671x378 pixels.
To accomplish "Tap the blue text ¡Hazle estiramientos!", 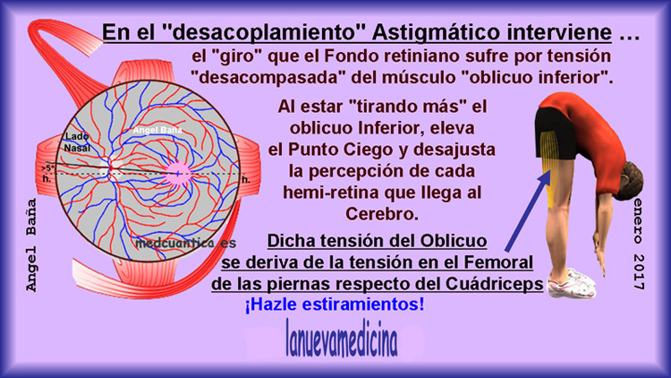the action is (335, 305).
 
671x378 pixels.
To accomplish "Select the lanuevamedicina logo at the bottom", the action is (342, 339).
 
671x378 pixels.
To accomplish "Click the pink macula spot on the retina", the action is (178, 173).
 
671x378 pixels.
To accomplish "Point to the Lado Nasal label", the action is (78, 142).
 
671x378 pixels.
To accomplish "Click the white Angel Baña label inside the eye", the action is (157, 130).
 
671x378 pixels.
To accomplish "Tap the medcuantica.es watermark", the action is (186, 244).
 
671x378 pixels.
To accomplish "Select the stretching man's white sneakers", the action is (572, 283).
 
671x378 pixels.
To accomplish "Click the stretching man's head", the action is (631, 181).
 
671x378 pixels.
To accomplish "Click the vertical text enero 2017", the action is (638, 244).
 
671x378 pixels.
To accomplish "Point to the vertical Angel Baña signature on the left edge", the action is (31, 245).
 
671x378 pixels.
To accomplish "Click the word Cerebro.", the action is (382, 214).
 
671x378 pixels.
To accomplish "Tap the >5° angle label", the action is (48, 168).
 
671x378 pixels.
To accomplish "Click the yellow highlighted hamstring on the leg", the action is (548, 163).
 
